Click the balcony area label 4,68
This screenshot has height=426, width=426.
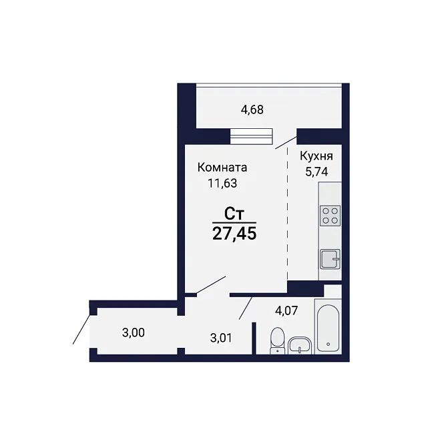point(252,110)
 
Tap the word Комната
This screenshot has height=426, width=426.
point(222,168)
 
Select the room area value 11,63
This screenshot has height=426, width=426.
point(222,184)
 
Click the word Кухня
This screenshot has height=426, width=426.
point(316,156)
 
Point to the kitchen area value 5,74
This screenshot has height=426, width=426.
point(316,172)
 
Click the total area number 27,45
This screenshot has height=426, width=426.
point(234,234)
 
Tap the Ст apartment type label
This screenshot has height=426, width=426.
point(234,214)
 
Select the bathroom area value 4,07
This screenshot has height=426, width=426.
point(286,310)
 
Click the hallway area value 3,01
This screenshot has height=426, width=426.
point(222,338)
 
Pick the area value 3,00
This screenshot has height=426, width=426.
point(134,333)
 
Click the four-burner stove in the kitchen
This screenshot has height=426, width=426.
point(330,216)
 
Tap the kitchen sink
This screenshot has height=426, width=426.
point(330,259)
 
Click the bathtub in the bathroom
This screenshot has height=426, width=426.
point(328,327)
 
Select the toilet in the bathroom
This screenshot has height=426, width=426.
point(277,341)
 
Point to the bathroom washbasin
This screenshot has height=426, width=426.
point(299,345)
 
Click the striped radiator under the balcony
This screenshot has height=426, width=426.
point(251,136)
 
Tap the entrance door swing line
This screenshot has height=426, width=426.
point(81,329)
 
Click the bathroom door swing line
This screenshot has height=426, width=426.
point(246,308)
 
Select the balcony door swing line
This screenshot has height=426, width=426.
point(286,143)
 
